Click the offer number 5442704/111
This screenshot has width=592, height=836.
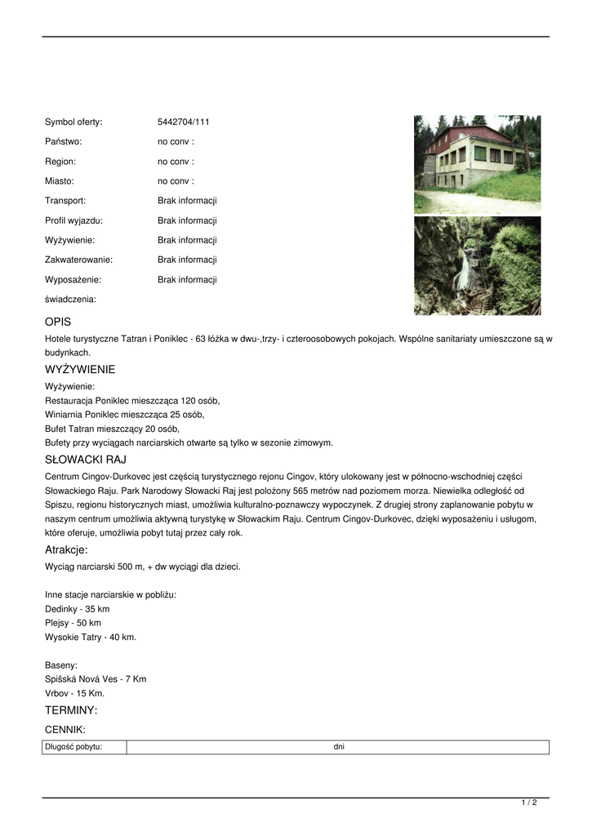184,122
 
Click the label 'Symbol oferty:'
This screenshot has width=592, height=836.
73,122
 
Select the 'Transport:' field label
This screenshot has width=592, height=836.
65,201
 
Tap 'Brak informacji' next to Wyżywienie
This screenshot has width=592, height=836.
187,240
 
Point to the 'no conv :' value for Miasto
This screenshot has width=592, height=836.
176,181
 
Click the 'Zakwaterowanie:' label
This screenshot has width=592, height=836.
78,260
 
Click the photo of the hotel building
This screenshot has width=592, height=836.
477,164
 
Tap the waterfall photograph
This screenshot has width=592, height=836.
477,266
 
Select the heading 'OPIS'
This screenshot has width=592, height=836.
58,322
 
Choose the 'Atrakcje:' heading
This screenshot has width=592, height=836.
66,550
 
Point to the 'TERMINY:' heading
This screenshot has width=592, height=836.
71,710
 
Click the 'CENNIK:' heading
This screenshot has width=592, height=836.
65,730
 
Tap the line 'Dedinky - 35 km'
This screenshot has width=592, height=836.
78,609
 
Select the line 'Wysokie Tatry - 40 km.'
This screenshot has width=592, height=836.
91,637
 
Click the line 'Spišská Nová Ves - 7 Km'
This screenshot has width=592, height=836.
96,679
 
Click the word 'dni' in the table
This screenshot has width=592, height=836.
339,747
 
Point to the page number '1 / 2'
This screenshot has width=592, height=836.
529,803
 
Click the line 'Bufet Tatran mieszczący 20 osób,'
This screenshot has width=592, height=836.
113,429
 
